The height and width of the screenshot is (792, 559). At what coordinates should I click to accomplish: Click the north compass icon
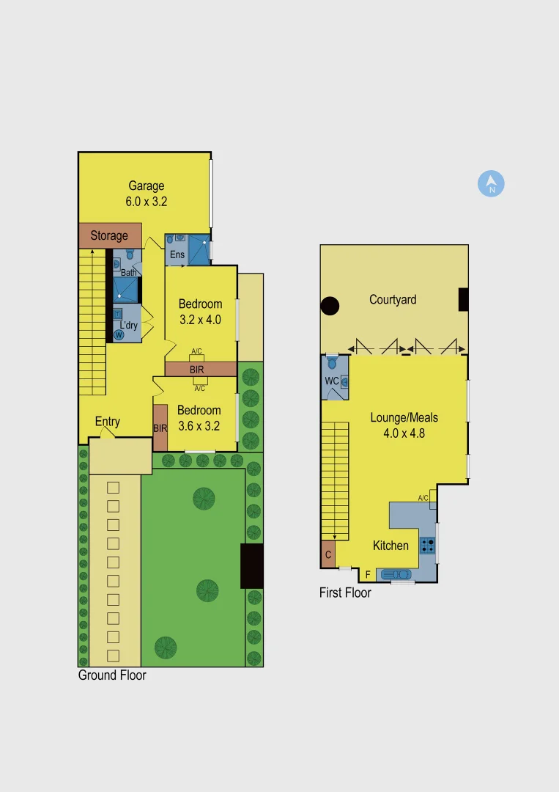coord(492,184)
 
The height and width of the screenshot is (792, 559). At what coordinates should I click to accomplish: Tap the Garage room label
coord(147,186)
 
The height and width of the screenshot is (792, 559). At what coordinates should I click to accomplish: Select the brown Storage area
coord(109,235)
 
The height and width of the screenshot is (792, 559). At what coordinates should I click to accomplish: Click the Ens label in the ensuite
coord(177,254)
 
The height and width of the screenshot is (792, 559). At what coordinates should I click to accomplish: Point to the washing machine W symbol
coord(119,335)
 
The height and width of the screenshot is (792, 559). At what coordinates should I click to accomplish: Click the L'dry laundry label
coord(129,325)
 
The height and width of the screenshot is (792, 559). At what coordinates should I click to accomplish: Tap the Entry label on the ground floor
coord(108,422)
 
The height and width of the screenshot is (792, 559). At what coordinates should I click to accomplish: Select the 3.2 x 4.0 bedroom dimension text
coord(200,320)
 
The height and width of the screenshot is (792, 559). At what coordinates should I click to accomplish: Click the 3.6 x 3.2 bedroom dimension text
coord(199,425)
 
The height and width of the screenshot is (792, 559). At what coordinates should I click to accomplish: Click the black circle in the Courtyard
coord(330,306)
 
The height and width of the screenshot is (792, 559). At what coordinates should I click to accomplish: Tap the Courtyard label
coord(393,299)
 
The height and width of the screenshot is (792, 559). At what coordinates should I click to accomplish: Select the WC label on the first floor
coord(330,381)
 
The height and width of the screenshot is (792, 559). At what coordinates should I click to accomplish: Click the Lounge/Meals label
coord(404,418)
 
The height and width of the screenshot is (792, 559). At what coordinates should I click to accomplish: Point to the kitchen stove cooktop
coord(427,546)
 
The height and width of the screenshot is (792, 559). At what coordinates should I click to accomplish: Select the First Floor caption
coord(345,593)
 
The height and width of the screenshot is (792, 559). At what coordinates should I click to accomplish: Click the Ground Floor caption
coord(112,675)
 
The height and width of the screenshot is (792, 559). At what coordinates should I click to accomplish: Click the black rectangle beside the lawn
coord(251,565)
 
